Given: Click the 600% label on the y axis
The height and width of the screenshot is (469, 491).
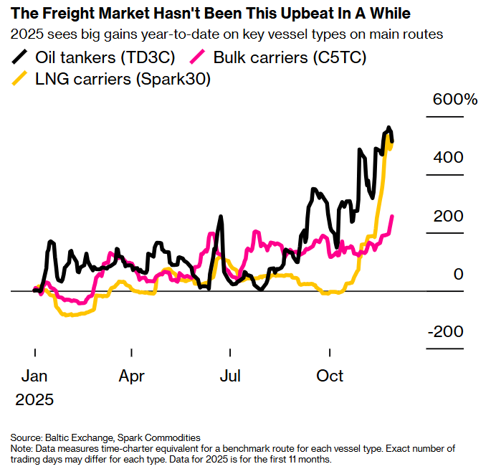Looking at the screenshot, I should [x=454, y=100].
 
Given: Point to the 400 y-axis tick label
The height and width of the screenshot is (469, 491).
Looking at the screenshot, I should [x=448, y=158].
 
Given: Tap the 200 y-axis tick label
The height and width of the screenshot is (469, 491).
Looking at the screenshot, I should [x=448, y=216].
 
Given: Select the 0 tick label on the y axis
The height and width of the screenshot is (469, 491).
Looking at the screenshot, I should [x=459, y=275].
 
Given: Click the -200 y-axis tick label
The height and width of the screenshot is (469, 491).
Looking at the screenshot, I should [x=445, y=332].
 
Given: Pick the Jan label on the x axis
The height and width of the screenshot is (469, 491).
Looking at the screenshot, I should [x=34, y=376].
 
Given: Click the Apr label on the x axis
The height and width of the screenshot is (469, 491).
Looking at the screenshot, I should [x=132, y=376].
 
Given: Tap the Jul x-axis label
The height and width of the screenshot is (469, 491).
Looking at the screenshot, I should [x=229, y=376].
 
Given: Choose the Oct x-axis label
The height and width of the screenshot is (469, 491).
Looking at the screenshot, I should [x=330, y=376].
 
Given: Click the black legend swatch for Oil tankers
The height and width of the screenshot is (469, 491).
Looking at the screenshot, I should [x=22, y=57].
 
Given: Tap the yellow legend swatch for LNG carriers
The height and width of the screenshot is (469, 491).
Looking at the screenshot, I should [x=22, y=80].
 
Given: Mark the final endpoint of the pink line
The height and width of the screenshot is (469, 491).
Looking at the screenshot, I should [x=392, y=216].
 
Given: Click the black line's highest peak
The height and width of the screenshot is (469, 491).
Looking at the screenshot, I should [x=388, y=128].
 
